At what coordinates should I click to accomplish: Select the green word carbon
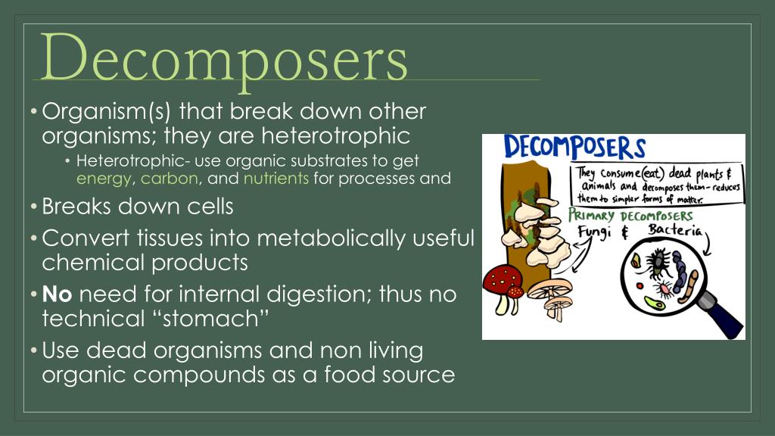[x=169, y=179]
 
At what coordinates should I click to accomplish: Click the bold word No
[x=57, y=294]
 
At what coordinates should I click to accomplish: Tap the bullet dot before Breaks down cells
[x=34, y=206]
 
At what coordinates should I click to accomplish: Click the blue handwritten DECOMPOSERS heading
[x=575, y=148]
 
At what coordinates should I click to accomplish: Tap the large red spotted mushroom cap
[x=504, y=281]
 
